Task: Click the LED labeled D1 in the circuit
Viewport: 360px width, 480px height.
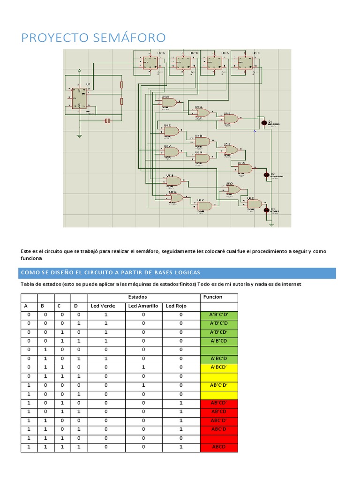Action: [x=263, y=123]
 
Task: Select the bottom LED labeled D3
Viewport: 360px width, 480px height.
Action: [x=266, y=210]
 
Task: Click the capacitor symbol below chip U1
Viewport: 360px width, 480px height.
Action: [x=107, y=121]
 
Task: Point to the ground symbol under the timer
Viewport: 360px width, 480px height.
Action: [x=79, y=135]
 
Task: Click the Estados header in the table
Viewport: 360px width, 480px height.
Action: [x=137, y=297]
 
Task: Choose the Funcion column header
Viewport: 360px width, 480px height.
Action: [x=213, y=297]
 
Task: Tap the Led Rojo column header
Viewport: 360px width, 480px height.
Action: [x=176, y=306]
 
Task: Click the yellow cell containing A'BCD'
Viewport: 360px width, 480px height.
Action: [x=219, y=367]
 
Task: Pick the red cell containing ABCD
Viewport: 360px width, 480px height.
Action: [x=219, y=447]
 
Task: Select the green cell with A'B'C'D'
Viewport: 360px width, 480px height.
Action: [x=219, y=315]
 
